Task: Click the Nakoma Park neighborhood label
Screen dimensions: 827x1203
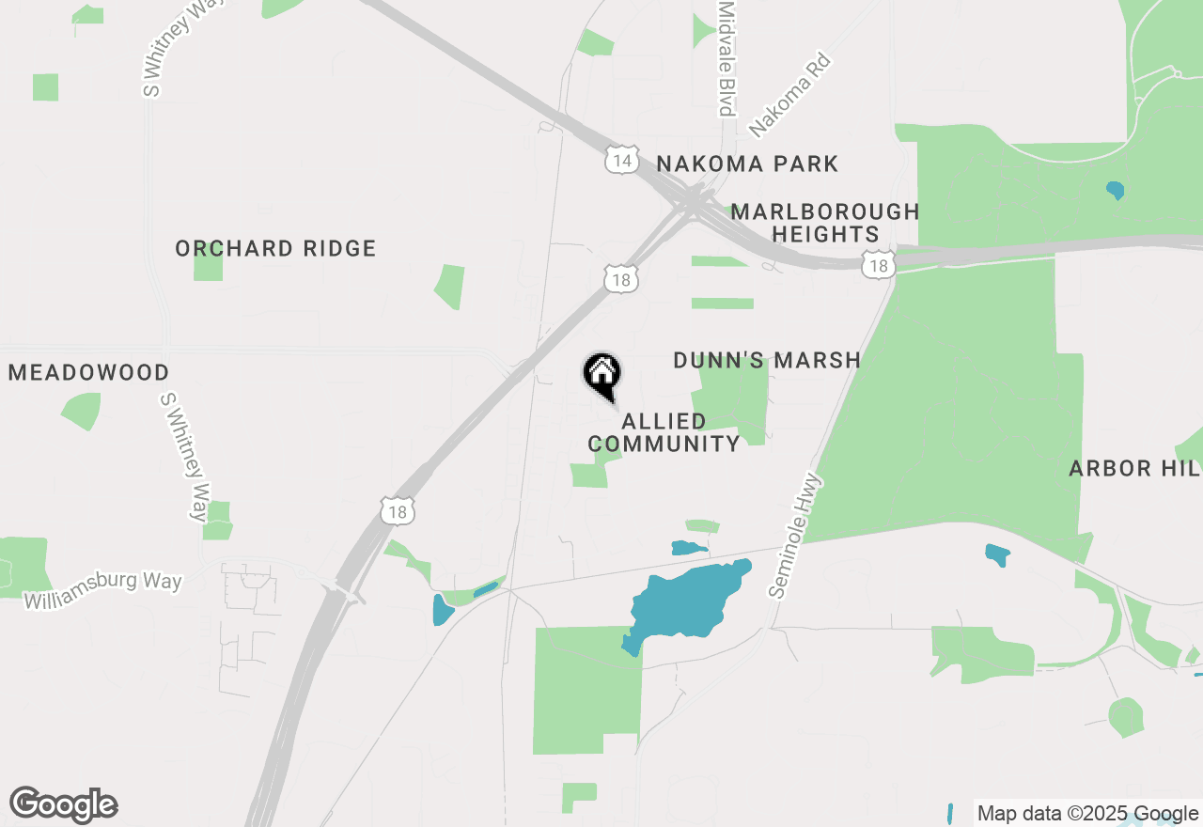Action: click(747, 164)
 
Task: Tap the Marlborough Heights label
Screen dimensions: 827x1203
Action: click(824, 223)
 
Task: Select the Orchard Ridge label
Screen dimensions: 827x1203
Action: click(275, 248)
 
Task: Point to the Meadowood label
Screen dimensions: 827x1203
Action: click(88, 373)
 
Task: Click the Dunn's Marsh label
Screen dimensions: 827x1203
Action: click(767, 360)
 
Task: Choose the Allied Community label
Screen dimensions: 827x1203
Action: click(664, 432)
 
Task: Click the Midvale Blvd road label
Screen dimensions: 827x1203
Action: click(725, 58)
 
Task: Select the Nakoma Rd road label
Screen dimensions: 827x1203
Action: click(790, 95)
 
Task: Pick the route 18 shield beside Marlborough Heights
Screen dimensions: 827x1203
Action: click(878, 266)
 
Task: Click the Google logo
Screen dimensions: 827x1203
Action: click(63, 804)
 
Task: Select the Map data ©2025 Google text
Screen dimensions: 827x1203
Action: click(1087, 814)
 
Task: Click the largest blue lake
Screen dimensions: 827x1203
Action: click(691, 601)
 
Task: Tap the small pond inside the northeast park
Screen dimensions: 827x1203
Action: click(1115, 190)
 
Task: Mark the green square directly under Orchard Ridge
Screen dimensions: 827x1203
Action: click(208, 266)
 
